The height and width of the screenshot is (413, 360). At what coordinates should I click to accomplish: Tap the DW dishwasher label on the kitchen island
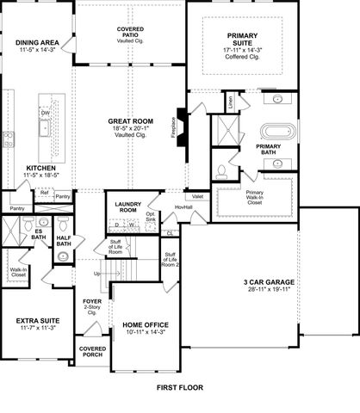[45, 112]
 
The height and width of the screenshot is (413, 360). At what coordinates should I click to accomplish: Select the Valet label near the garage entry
[197, 196]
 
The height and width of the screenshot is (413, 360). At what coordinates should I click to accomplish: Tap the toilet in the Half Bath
[63, 226]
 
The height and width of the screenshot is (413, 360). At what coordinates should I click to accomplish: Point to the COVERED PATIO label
[131, 34]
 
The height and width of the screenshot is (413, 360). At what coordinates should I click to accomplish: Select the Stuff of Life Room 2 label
[171, 260]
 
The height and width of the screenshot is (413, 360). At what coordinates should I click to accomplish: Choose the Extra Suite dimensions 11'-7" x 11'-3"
[37, 328]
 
